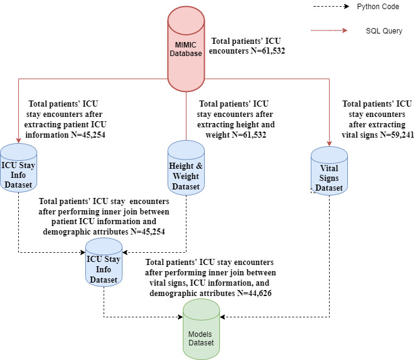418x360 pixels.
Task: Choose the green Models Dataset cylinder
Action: coord(200,331)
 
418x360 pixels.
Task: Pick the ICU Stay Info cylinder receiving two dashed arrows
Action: coord(103,263)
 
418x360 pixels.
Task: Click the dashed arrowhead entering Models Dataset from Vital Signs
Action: coord(223,317)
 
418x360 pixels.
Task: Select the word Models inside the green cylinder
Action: coord(200,333)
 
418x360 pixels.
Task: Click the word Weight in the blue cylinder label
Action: coord(185,177)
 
